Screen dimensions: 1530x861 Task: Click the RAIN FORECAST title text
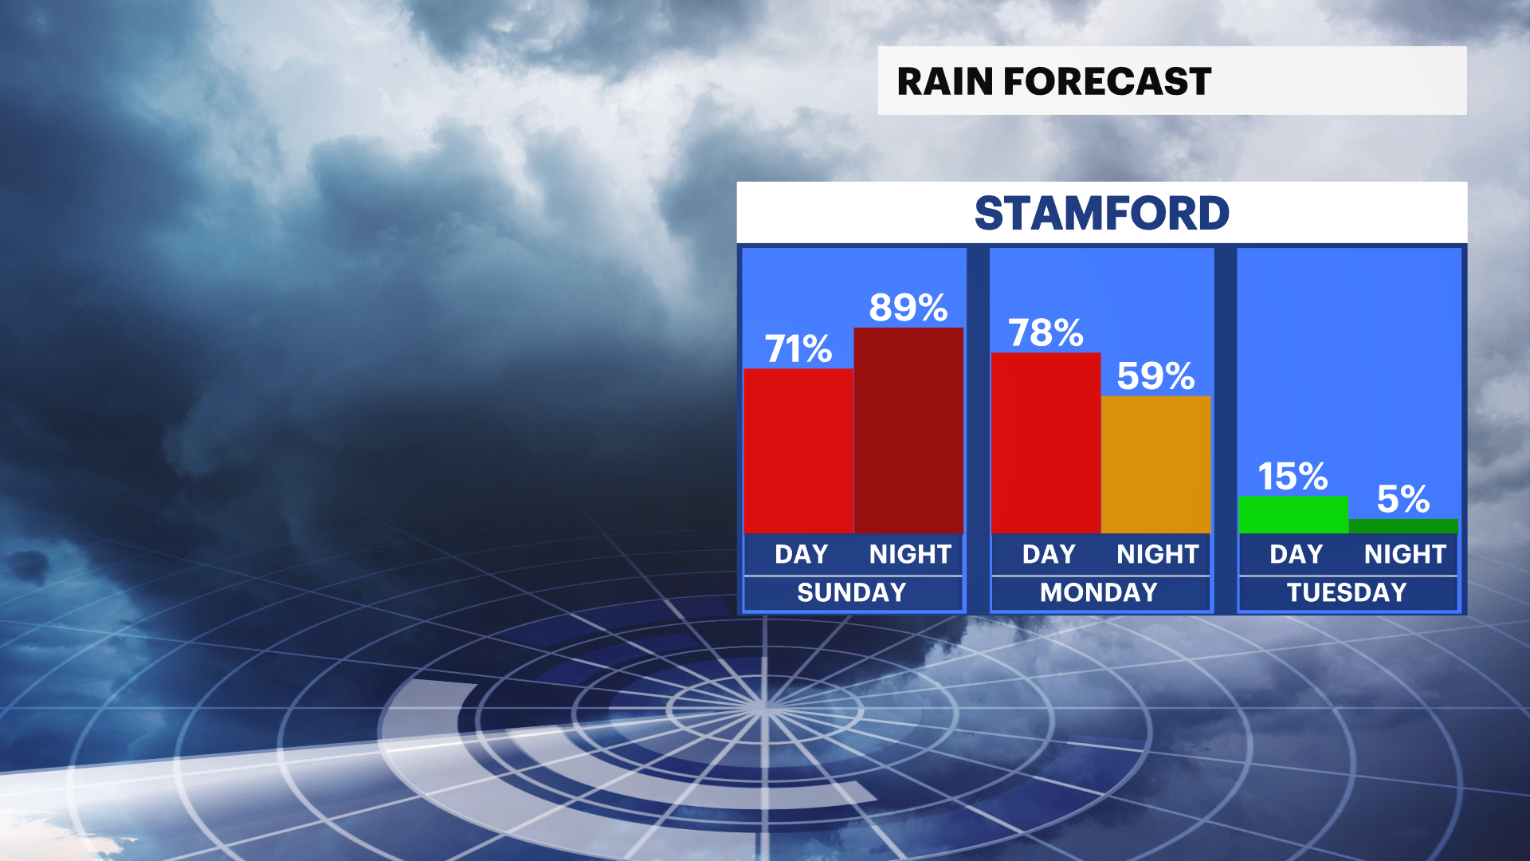(x=1053, y=81)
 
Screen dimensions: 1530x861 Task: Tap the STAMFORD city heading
(x=1102, y=214)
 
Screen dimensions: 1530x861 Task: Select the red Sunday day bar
(x=798, y=451)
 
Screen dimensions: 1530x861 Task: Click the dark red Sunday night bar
(x=908, y=431)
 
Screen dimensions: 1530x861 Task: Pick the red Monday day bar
(x=1045, y=443)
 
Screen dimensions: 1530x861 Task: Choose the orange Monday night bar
(x=1155, y=465)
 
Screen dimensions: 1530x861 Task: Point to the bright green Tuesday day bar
(x=1293, y=515)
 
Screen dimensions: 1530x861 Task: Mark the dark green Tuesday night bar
(x=1403, y=527)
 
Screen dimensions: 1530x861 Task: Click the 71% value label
(x=798, y=348)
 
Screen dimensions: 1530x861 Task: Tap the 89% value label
(x=908, y=308)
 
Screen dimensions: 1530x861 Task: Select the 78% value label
(x=1045, y=332)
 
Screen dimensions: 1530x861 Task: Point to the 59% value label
(x=1155, y=376)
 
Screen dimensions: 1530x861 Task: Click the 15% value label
(x=1293, y=477)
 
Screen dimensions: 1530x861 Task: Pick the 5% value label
(x=1403, y=500)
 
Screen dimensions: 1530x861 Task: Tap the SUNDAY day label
(x=852, y=592)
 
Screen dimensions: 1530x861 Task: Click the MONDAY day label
(x=1099, y=592)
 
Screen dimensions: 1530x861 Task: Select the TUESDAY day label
(x=1347, y=592)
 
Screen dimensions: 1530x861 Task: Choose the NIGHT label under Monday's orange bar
(x=1157, y=554)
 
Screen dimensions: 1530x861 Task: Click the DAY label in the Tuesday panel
(x=1296, y=554)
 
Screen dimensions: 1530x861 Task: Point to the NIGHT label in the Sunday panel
(x=910, y=554)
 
